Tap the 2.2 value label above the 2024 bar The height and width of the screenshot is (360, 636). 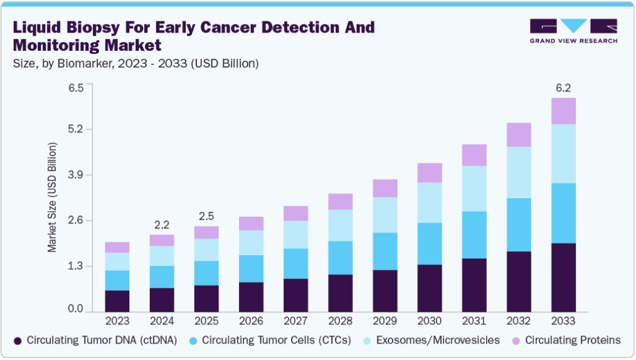pos(161,225)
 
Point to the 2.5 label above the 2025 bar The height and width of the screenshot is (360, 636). pos(206,216)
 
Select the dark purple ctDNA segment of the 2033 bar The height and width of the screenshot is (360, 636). pos(563,277)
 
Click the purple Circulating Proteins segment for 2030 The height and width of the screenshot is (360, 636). pos(429,172)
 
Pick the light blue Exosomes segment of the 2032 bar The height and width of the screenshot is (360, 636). pos(518,172)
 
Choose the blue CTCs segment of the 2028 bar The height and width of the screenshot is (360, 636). pos(340,258)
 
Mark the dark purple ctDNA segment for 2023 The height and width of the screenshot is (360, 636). pos(117,301)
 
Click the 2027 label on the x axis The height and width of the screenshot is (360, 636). pos(295,321)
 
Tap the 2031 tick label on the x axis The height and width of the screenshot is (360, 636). pos(474,321)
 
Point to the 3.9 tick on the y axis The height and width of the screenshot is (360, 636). pos(76,175)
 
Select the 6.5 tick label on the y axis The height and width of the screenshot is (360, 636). pos(76,87)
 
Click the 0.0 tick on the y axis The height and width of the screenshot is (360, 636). pos(76,309)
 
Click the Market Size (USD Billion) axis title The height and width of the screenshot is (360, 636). pos(53,198)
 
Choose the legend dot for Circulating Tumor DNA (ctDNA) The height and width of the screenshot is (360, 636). pos(18,341)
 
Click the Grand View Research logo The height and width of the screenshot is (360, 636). pos(573,31)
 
